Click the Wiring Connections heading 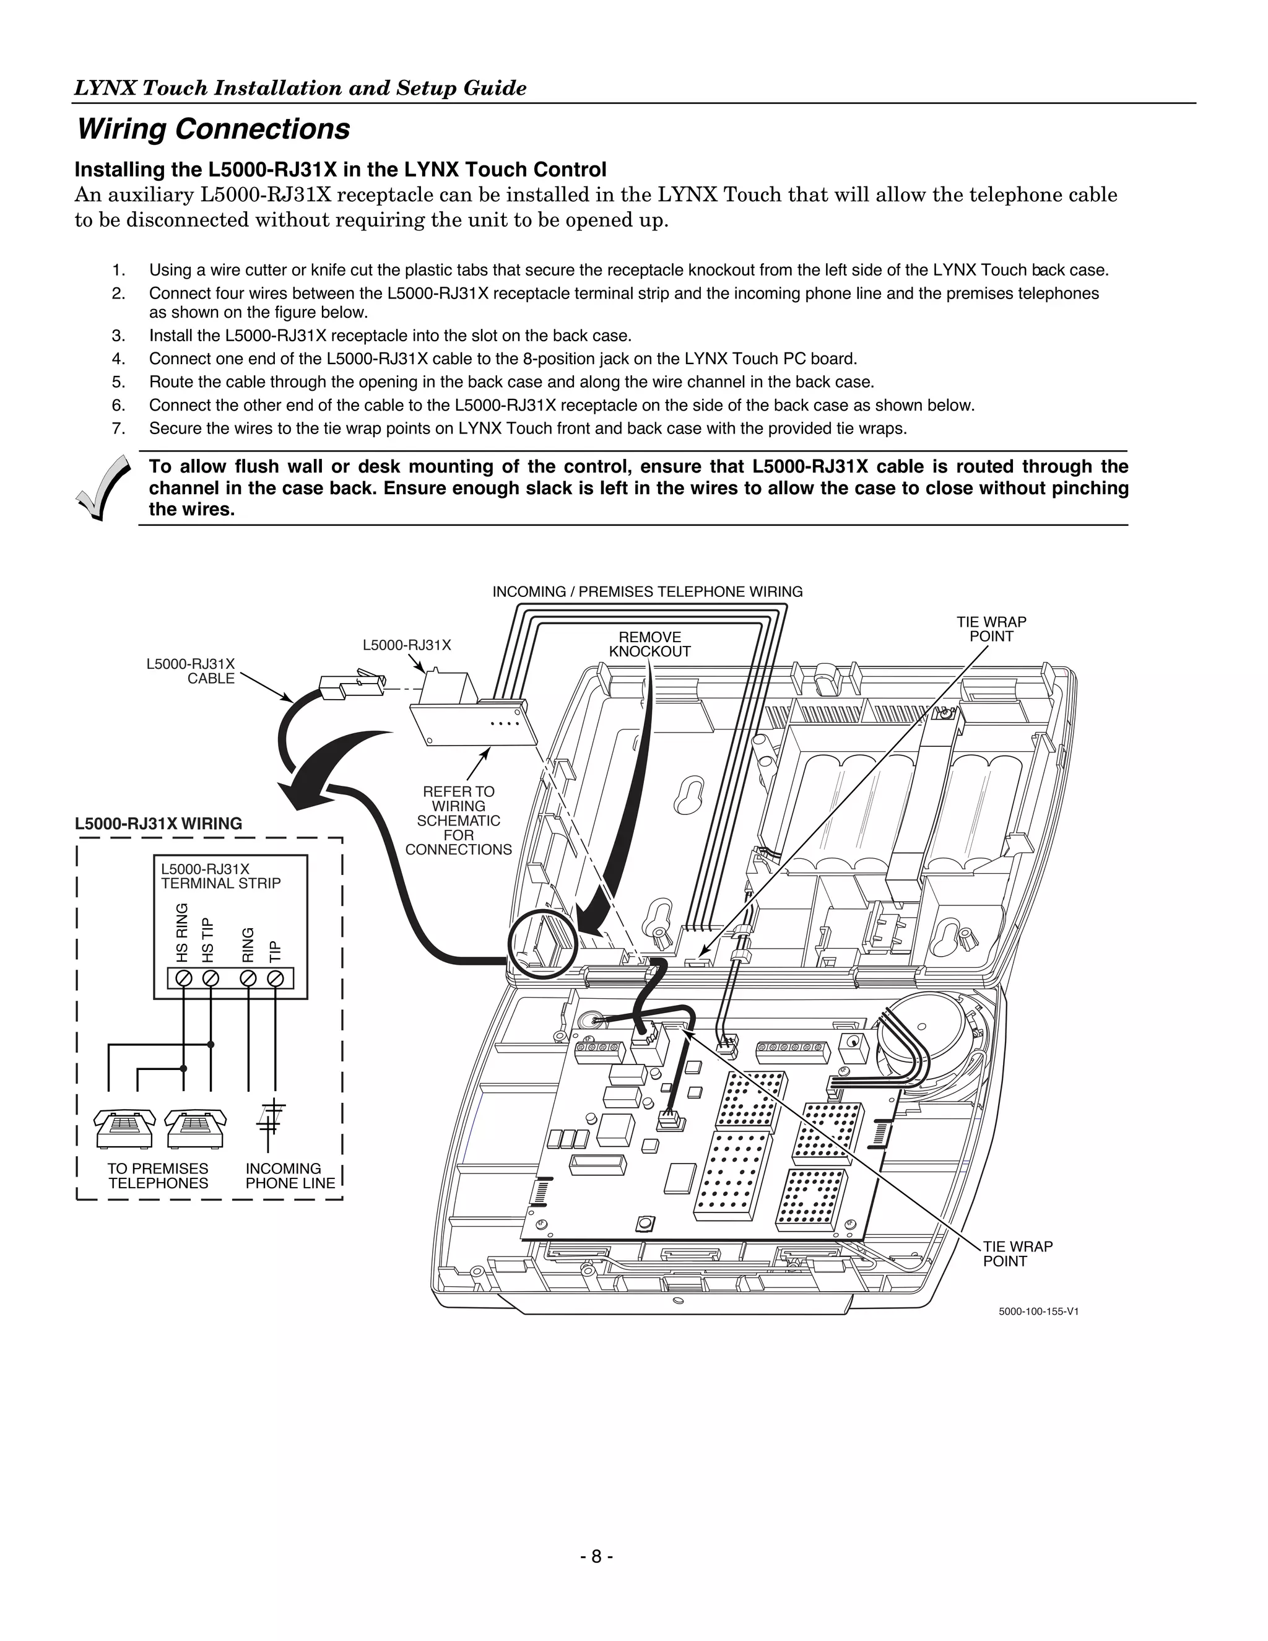coord(214,129)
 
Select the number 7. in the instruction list coord(118,429)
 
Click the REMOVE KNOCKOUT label coord(649,645)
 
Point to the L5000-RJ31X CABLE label coord(191,671)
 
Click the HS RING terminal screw coord(183,978)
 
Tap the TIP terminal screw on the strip coord(276,978)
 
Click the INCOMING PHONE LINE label coord(290,1176)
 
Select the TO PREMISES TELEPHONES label coord(158,1176)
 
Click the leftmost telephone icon coord(124,1128)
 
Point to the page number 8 coord(596,1557)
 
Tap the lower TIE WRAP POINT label coord(1017,1254)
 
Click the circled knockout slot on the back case coord(542,941)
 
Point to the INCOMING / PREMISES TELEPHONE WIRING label coord(647,592)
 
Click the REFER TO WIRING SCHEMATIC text coord(458,820)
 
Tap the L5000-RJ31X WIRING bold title coord(158,824)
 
